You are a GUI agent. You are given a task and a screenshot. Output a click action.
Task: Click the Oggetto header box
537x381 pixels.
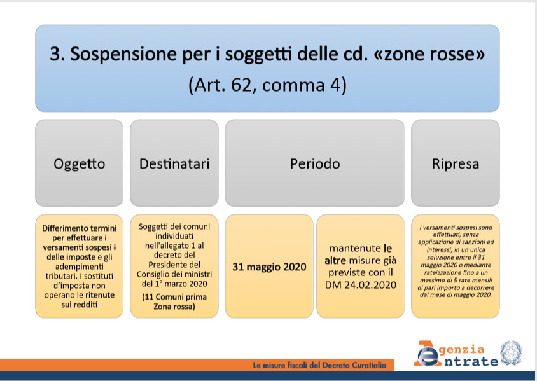[x=79, y=163]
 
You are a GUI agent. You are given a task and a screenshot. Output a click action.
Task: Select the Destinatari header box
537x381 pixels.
[x=174, y=163]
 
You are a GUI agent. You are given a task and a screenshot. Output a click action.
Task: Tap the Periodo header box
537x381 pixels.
[x=315, y=163]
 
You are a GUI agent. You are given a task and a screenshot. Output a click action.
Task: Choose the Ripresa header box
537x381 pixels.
[x=456, y=163]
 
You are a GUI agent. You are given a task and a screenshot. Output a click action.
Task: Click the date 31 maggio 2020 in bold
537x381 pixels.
[x=269, y=267]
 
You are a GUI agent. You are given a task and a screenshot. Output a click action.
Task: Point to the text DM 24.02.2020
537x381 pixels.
[x=361, y=285]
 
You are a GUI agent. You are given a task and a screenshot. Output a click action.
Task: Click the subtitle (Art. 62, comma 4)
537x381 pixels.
[x=267, y=85]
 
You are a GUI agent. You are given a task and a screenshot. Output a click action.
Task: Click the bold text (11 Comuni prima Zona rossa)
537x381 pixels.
[x=174, y=301]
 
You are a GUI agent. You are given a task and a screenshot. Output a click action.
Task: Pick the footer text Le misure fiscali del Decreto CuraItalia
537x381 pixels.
[x=319, y=365]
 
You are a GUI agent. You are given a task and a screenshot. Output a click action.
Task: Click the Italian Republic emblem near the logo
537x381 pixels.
[x=511, y=352]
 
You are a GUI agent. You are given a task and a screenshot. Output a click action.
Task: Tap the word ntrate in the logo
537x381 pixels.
[x=471, y=361]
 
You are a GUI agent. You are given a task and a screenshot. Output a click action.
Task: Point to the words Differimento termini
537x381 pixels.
[x=80, y=228]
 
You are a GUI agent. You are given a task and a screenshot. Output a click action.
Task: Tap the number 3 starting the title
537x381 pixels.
[x=57, y=53]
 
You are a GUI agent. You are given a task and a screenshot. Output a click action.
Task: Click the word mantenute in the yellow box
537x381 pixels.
[x=355, y=248]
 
